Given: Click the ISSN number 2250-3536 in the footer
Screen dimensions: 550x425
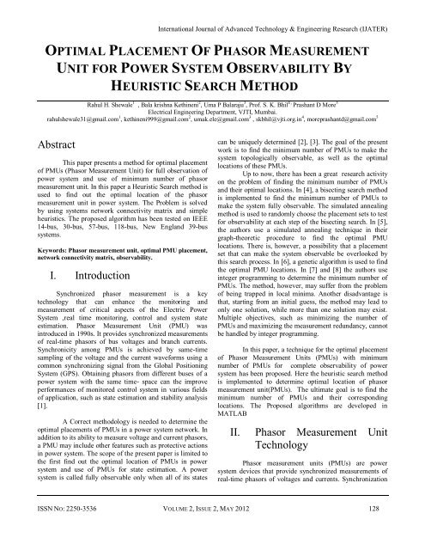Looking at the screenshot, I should pos(69,533).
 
